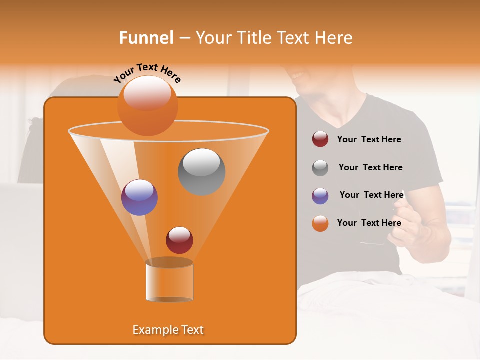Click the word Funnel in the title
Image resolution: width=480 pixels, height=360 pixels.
point(146,38)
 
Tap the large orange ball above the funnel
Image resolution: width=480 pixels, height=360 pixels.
point(147,105)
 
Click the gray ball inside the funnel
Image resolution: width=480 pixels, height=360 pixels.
point(201,171)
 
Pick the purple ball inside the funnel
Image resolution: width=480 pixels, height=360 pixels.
point(139,197)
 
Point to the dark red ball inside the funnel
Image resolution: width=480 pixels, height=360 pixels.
point(179,240)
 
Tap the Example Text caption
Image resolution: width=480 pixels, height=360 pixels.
point(168,330)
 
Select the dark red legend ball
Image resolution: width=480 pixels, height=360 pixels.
point(320,139)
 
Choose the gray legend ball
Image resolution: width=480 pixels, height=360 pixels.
point(320,168)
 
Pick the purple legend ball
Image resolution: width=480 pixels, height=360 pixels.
point(320,196)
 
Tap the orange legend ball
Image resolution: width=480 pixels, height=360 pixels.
point(320,223)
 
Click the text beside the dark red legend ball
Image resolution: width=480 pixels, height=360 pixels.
point(369,140)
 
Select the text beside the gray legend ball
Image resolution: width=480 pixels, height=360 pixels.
point(370,167)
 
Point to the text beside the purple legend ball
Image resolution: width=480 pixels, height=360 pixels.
point(371,195)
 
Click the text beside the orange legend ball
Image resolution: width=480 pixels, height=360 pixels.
point(369,223)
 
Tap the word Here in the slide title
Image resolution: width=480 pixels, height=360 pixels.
point(334,38)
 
